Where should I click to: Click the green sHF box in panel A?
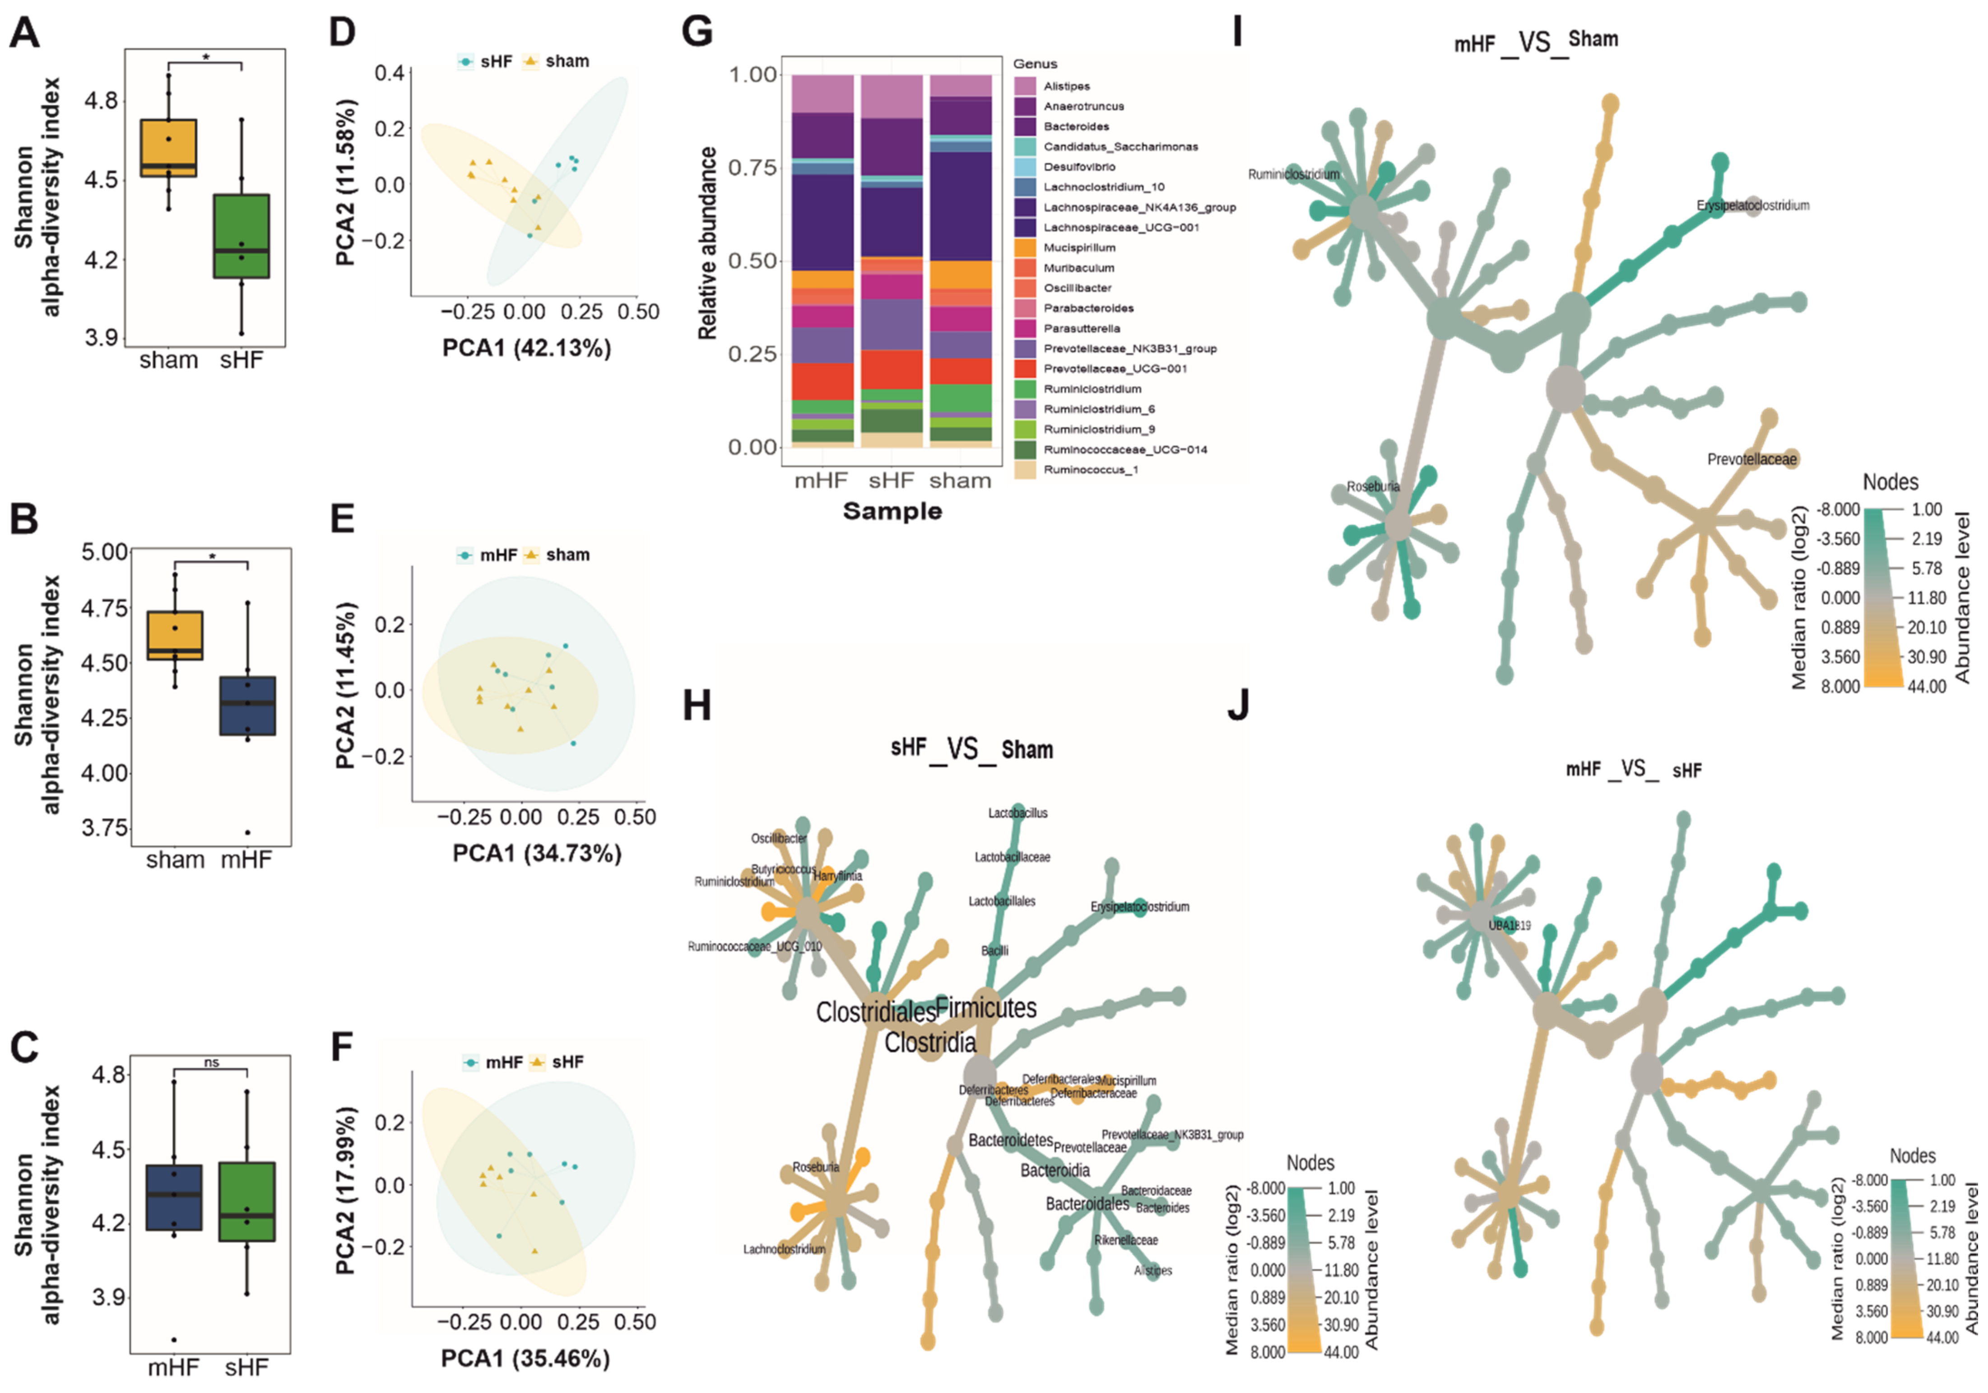point(242,236)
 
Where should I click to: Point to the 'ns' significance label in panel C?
point(211,1062)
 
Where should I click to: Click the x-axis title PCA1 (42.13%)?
point(526,348)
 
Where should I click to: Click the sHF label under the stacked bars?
point(891,481)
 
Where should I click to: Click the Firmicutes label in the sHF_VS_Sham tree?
point(986,1008)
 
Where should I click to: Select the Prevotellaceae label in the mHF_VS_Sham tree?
point(1751,459)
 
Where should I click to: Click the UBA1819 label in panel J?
point(1509,925)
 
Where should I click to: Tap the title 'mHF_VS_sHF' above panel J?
point(1633,769)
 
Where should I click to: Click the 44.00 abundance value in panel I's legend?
point(1928,686)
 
